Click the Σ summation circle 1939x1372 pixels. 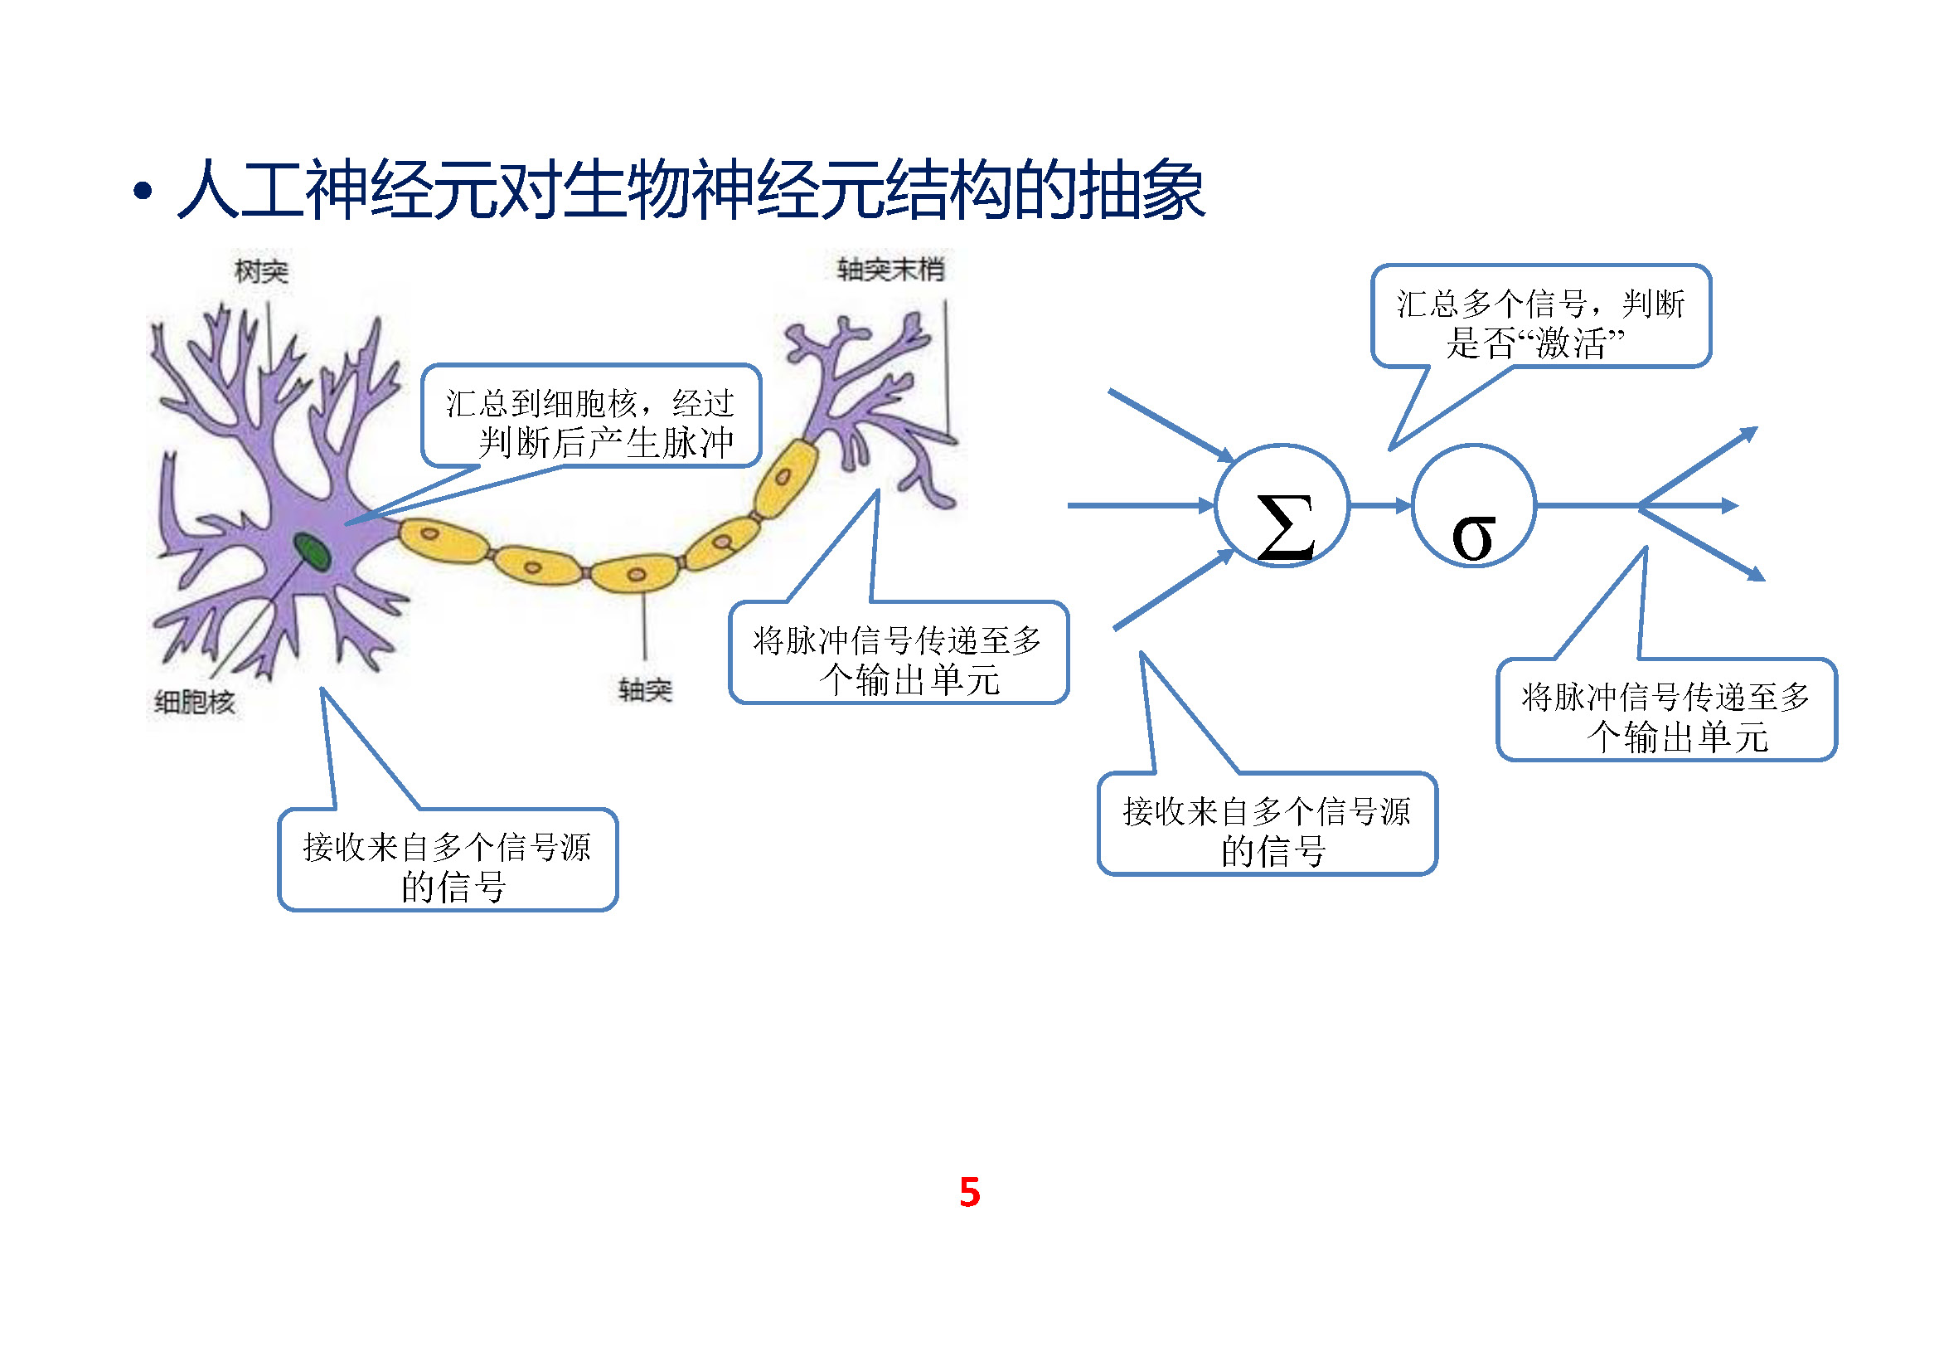click(1281, 506)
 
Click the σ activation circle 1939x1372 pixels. click(1473, 506)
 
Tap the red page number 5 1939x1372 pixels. click(970, 1192)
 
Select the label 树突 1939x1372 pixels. click(261, 271)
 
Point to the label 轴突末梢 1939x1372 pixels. click(890, 270)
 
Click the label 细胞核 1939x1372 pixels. click(194, 701)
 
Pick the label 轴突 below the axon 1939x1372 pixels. click(644, 689)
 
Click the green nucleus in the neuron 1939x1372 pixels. click(312, 551)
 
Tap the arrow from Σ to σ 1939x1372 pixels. click(1380, 506)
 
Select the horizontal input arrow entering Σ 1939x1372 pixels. click(1140, 505)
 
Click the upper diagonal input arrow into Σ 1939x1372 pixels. click(1170, 425)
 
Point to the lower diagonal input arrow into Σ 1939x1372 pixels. click(1173, 591)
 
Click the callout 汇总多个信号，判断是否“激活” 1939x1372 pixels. click(1540, 324)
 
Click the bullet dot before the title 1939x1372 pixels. click(143, 192)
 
